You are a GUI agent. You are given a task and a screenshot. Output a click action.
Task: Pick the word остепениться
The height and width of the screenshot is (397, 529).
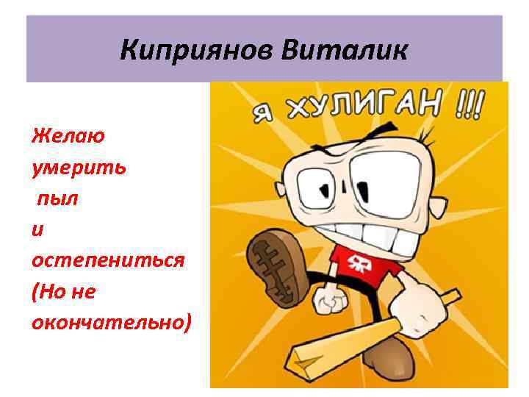(107, 261)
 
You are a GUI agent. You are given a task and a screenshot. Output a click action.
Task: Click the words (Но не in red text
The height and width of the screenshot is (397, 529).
(64, 292)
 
